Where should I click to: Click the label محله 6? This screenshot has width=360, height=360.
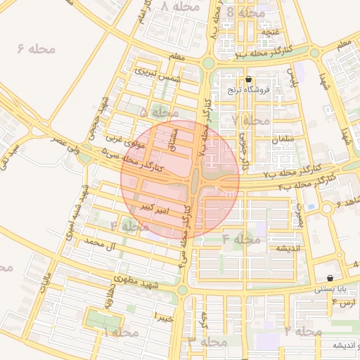tap(31, 50)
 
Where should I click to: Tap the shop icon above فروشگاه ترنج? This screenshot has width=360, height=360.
tap(248, 79)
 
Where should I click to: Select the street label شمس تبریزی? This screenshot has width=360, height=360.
tap(159, 73)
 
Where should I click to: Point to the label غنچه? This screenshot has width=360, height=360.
tap(270, 32)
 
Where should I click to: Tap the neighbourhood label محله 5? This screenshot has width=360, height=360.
tap(159, 112)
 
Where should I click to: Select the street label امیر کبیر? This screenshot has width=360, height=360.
tap(153, 209)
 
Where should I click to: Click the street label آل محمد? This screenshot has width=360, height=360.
tap(98, 245)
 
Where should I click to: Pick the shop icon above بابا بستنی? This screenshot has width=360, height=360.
tap(330, 278)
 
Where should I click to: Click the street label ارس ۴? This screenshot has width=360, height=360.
tap(345, 302)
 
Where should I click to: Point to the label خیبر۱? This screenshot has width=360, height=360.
tap(165, 316)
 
